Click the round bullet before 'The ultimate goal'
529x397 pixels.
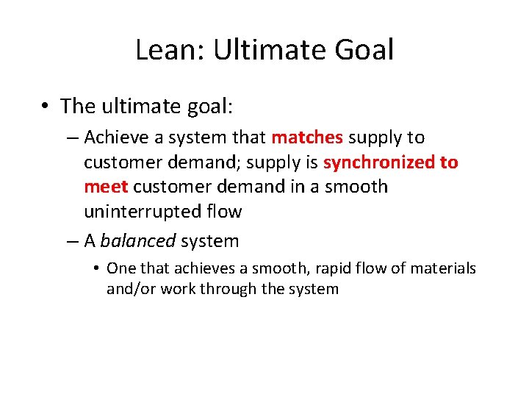click(x=45, y=107)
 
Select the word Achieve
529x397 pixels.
click(x=114, y=137)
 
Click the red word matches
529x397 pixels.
click(x=306, y=137)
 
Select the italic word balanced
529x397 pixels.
click(x=137, y=241)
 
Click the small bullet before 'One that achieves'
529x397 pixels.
click(x=97, y=269)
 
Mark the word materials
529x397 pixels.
click(x=443, y=269)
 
